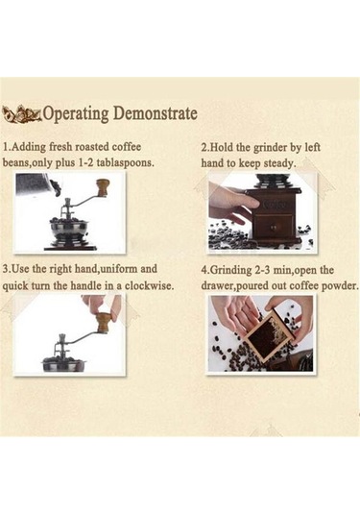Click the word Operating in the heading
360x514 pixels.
[76, 114]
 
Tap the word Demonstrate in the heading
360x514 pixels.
[156, 113]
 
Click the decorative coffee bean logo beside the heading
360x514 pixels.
[22, 114]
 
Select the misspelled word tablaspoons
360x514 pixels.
[125, 162]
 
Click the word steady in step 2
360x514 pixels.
[279, 163]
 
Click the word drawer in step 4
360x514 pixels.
[217, 286]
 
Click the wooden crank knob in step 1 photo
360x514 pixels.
[103, 187]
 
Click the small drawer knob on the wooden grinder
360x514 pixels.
[273, 226]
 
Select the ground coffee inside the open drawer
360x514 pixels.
[269, 337]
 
